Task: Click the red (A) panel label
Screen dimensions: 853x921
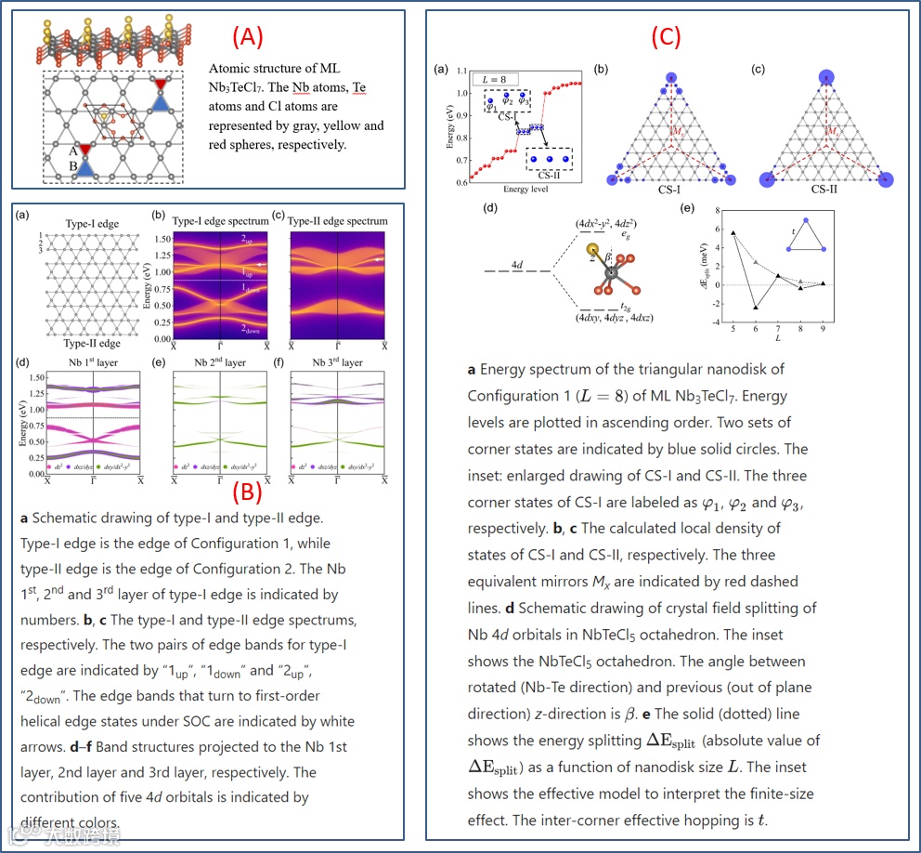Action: [248, 36]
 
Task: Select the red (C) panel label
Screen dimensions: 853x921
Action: [666, 36]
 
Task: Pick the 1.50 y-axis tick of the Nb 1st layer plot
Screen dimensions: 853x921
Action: [33, 378]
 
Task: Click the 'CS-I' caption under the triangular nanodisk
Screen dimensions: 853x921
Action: [666, 190]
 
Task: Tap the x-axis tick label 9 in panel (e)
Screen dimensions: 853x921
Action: [823, 328]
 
